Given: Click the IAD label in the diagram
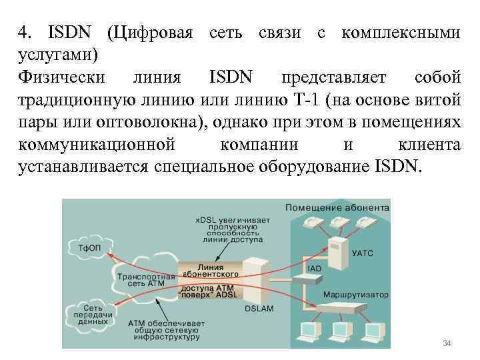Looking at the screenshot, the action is (x=314, y=268).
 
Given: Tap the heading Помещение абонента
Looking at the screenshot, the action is (x=337, y=207).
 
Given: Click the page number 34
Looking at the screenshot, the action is (x=447, y=343).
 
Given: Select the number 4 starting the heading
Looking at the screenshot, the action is (x=22, y=33).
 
